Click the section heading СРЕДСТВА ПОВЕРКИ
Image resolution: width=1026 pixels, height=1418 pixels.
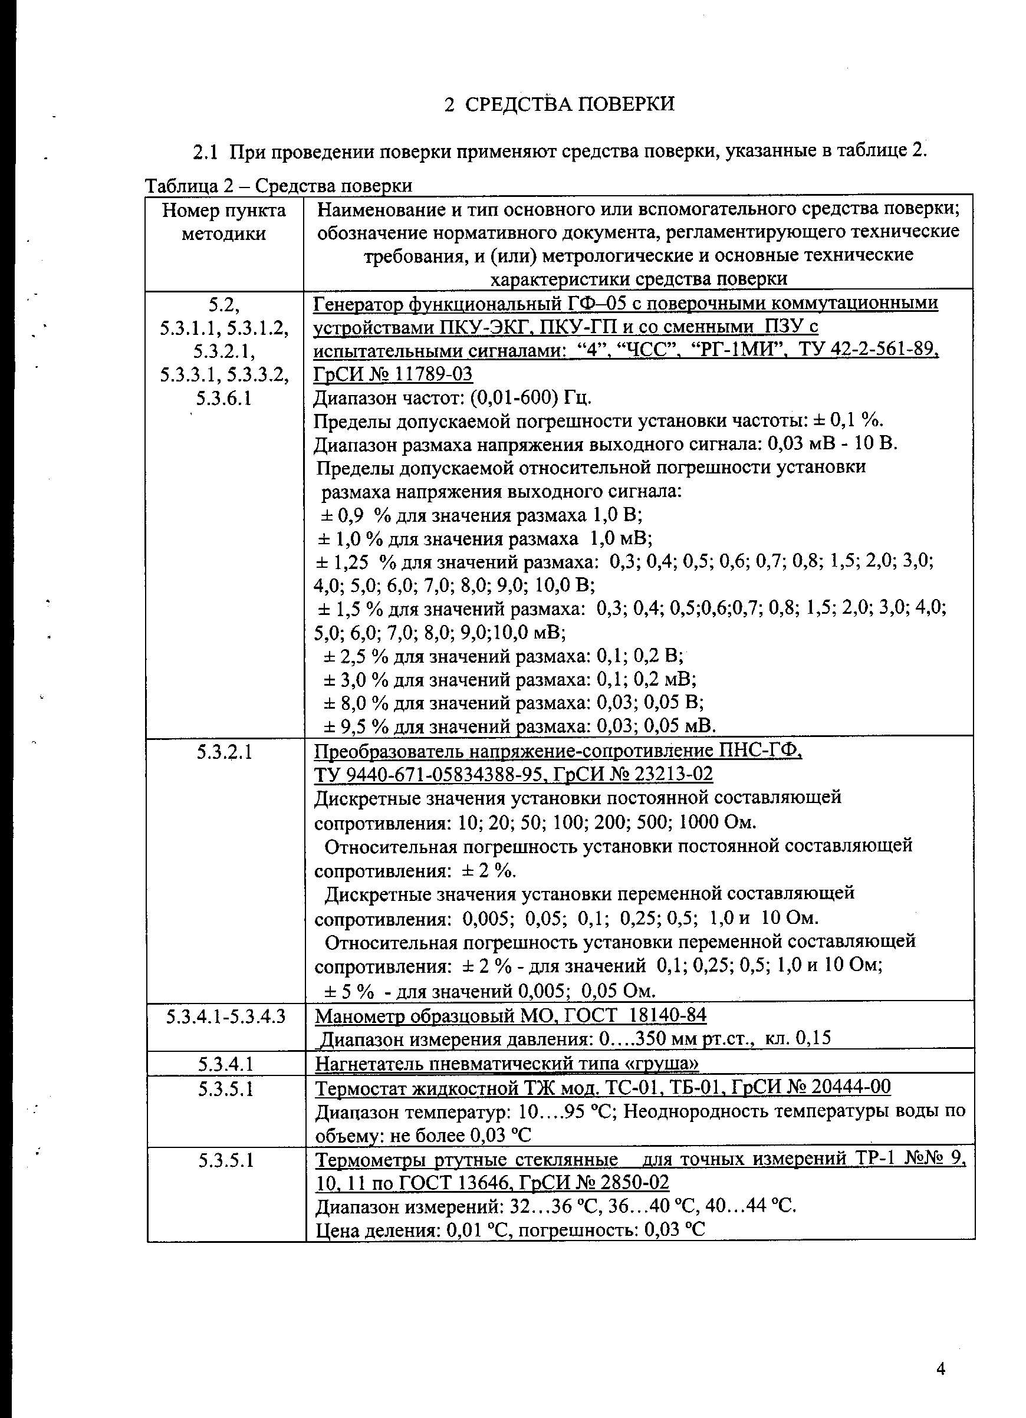coord(570,104)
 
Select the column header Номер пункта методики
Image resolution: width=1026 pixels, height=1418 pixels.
coord(224,222)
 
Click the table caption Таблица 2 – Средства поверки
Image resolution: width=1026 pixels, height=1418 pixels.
coord(278,186)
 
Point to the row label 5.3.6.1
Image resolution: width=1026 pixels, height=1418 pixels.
coord(224,398)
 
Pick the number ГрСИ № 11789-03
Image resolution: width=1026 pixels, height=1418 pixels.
coord(393,374)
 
